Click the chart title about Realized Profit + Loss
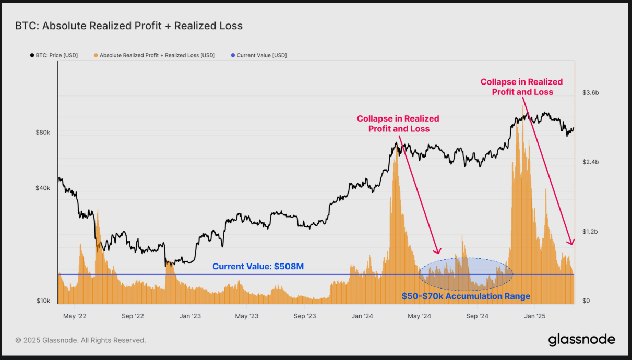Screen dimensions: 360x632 pyautogui.click(x=128, y=26)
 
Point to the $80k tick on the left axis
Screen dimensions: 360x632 pyautogui.click(x=42, y=133)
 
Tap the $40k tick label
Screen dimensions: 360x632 pyautogui.click(x=42, y=188)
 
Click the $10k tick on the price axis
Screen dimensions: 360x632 pyautogui.click(x=43, y=301)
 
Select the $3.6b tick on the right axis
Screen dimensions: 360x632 pyautogui.click(x=591, y=93)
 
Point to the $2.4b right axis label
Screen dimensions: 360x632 pyautogui.click(x=591, y=162)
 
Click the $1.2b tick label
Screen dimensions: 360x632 pyautogui.click(x=591, y=232)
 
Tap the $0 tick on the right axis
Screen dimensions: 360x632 pyautogui.click(x=586, y=301)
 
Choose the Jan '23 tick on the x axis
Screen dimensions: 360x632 pyautogui.click(x=190, y=316)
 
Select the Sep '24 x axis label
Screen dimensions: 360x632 pyautogui.click(x=477, y=316)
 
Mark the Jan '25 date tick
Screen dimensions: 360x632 pyautogui.click(x=534, y=316)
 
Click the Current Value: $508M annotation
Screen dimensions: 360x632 pyautogui.click(x=258, y=267)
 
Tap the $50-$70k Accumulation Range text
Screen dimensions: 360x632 pyautogui.click(x=466, y=296)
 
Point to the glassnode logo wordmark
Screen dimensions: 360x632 pyautogui.click(x=581, y=340)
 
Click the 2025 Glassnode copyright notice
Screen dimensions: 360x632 pyautogui.click(x=81, y=340)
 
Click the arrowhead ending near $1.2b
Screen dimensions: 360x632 pyautogui.click(x=571, y=242)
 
